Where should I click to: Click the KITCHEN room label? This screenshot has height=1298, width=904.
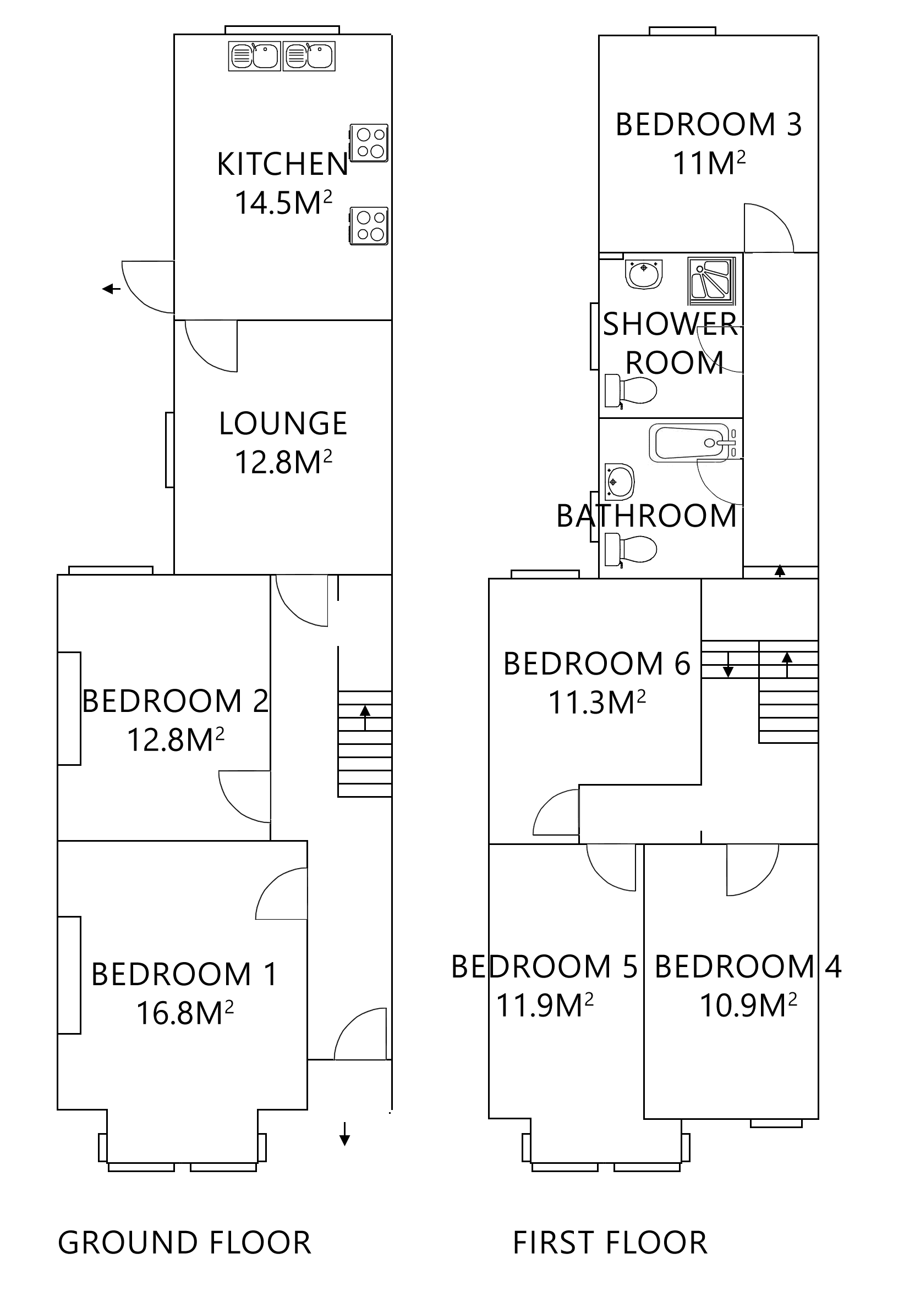click(282, 164)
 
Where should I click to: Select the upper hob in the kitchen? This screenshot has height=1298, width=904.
click(369, 142)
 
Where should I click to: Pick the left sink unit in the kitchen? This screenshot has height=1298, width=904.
click(254, 57)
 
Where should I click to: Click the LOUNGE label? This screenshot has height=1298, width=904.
click(283, 424)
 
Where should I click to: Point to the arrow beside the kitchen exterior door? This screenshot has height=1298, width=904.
click(112, 289)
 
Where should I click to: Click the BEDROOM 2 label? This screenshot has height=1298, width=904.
click(176, 701)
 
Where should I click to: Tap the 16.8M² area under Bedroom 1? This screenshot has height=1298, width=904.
click(184, 1013)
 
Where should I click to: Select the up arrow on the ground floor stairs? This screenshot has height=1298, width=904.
click(365, 717)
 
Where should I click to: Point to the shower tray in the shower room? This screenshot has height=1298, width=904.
click(711, 280)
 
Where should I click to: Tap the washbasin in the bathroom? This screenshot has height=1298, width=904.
click(620, 482)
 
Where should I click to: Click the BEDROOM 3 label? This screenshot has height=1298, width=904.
click(708, 125)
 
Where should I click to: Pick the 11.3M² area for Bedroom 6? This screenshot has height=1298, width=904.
click(597, 703)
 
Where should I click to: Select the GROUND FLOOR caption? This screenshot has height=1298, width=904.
click(184, 1242)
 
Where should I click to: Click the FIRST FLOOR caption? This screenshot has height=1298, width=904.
click(609, 1242)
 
